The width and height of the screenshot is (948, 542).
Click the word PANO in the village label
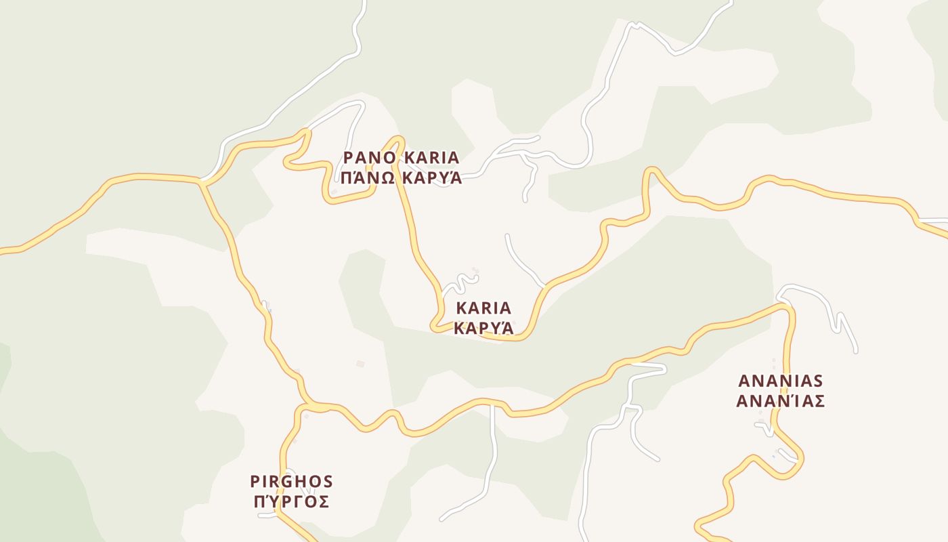(x=370, y=158)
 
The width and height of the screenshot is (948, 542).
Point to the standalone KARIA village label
(x=483, y=308)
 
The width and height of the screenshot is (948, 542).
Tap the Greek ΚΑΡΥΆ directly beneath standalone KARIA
(x=483, y=329)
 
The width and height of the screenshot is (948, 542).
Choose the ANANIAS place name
(x=780, y=380)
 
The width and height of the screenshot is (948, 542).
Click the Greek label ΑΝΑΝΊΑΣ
(x=780, y=401)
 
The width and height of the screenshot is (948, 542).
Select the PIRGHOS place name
(x=292, y=482)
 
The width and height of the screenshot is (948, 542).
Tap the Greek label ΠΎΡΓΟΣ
(x=292, y=502)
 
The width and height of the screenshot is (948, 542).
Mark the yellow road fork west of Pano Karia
(x=201, y=182)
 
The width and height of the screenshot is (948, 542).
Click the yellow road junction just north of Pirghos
(x=303, y=407)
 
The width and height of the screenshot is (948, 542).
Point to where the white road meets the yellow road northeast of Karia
(x=544, y=287)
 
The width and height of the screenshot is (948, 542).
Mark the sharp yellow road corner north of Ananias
(x=788, y=308)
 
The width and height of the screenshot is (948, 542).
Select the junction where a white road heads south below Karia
(x=493, y=404)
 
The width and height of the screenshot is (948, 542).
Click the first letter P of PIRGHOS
(x=255, y=482)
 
